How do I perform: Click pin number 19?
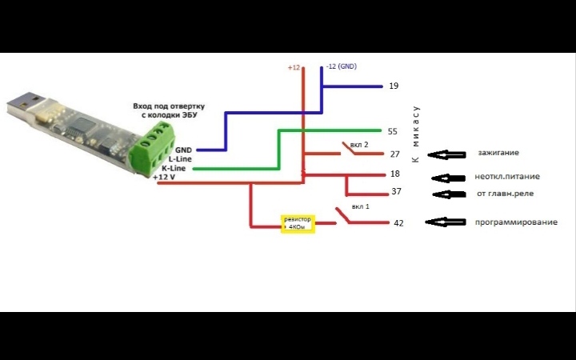pos(393,86)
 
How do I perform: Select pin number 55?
pos(392,131)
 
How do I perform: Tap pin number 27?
pos(394,154)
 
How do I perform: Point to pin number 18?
pos(394,174)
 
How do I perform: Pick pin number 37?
pos(396,192)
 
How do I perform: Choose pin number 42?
pos(398,223)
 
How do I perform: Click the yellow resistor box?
pos(298,223)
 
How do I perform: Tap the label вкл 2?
pos(359,145)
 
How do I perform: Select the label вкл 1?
pos(360,206)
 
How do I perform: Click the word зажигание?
pos(498,152)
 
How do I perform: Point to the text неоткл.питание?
pos(506,177)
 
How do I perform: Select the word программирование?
pos(516,222)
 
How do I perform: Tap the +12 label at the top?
pos(294,67)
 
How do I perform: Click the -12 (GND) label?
pos(341,66)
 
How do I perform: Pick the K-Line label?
pos(174,169)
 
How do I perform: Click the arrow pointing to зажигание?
pos(446,154)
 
